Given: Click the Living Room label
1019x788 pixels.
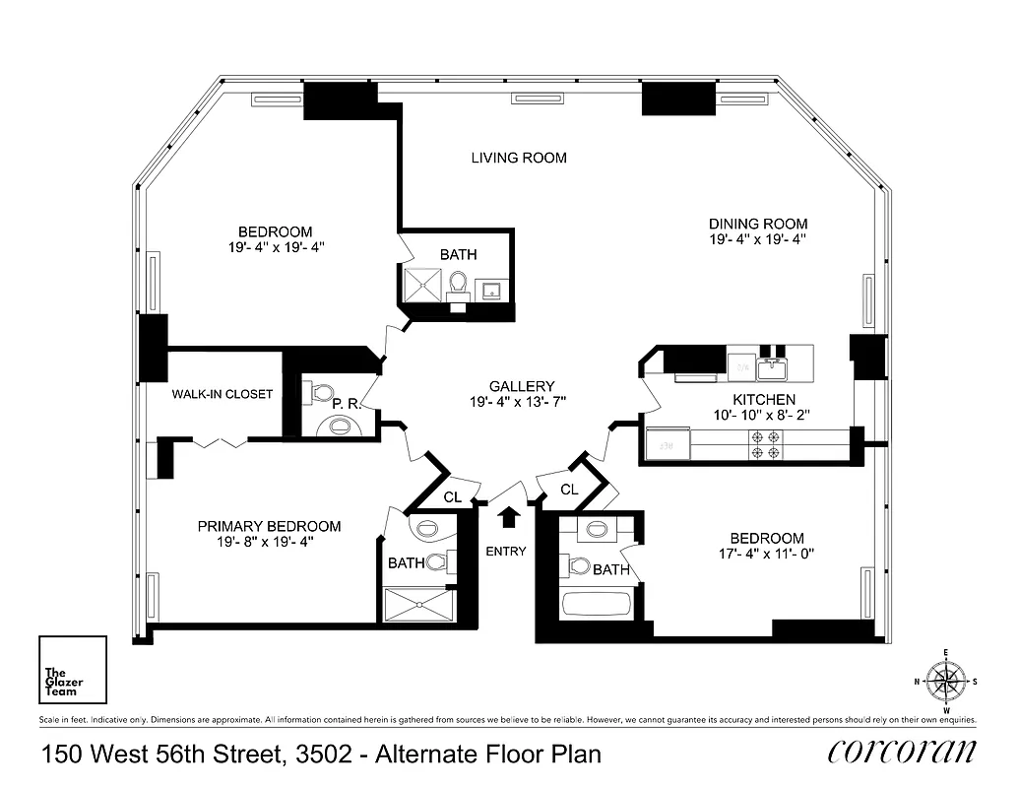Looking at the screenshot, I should click(518, 158).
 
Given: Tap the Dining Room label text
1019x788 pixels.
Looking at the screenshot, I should click(758, 224).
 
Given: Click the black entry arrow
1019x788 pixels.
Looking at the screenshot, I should click(509, 517).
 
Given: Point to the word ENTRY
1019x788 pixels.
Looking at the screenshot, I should click(506, 552).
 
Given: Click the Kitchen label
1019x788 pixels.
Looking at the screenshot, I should click(764, 400).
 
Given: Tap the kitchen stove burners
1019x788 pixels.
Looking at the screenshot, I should click(766, 444).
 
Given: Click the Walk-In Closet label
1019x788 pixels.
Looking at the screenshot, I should click(223, 394).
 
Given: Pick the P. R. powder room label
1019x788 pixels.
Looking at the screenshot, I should click(344, 403).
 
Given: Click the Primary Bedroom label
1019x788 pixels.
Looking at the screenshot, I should click(269, 527).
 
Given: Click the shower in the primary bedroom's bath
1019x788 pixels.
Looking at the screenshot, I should click(418, 604).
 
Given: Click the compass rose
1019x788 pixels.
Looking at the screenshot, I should click(946, 681).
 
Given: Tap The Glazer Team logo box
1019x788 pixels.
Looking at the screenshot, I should click(72, 668).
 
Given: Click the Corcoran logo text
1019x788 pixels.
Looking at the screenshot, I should click(902, 752).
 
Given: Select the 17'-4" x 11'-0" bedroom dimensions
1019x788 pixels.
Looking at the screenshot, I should click(767, 554).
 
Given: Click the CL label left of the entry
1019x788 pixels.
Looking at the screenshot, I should click(452, 497).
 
